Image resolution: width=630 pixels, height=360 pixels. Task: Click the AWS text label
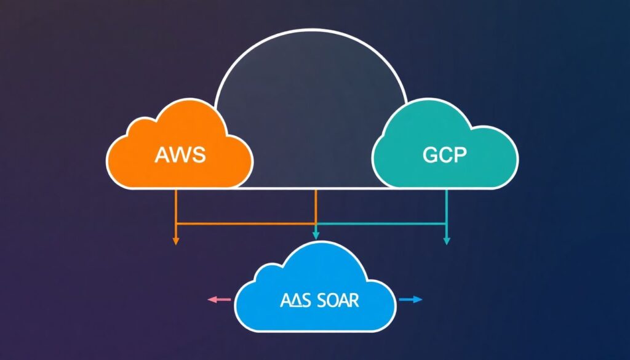coord(179,154)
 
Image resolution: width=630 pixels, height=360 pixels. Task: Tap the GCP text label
coord(445,154)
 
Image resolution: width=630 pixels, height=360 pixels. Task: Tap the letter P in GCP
coord(459,154)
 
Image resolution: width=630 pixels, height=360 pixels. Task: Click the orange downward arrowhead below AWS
coord(176,241)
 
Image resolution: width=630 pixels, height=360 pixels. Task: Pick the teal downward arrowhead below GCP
coord(447,241)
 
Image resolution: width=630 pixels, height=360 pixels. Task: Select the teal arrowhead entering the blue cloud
coord(316,234)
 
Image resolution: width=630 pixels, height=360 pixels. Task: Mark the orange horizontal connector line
coord(245,223)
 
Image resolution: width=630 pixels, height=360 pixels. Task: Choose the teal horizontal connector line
coord(381,223)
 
